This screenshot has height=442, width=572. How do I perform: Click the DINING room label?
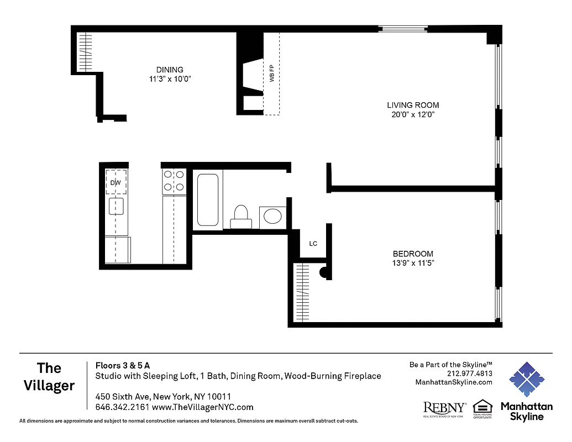(x=170, y=70)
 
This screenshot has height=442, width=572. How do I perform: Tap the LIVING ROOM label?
(x=413, y=105)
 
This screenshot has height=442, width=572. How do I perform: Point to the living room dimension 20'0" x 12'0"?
(x=413, y=115)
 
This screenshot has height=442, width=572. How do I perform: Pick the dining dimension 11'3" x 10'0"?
(x=170, y=79)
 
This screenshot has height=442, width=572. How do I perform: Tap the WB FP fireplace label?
(x=272, y=73)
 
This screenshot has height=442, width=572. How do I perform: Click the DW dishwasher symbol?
(x=116, y=182)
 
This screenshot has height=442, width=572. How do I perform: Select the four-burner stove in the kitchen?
(x=174, y=181)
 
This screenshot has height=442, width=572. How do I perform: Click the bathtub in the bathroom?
(x=208, y=200)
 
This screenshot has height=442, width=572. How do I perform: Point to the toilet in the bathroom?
(x=242, y=216)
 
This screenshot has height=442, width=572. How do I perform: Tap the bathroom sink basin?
(x=272, y=215)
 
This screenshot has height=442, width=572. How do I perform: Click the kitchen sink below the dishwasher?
(x=116, y=206)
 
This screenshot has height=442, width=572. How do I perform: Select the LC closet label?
(x=313, y=244)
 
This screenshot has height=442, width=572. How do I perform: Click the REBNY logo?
(x=444, y=408)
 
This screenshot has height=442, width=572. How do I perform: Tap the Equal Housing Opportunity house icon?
(x=482, y=407)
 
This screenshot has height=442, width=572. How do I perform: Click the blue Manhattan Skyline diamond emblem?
(x=526, y=380)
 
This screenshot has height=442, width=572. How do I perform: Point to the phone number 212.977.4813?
(x=469, y=373)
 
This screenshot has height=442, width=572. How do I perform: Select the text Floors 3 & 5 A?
(x=123, y=365)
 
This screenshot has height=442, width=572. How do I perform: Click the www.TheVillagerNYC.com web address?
(x=202, y=407)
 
